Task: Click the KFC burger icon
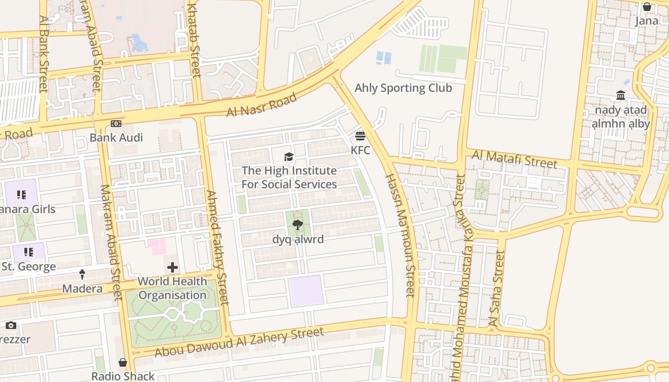pos(360,136)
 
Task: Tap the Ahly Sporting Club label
pos(403,88)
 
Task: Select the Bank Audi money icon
pos(116,124)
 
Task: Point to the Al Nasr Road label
pos(261,105)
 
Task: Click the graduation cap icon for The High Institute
pos(289,157)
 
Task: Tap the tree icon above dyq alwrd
pos(298,225)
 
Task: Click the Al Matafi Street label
pos(515,159)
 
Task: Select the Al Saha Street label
pos(496,289)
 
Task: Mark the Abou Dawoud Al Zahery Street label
pos(239,341)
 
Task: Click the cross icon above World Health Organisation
pos(173,268)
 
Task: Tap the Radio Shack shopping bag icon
pos(123,362)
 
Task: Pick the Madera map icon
pos(82,275)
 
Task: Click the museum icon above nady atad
pos(621,95)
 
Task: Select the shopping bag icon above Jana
pos(647,7)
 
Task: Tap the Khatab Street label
pos(194,38)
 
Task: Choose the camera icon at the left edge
pos(11,326)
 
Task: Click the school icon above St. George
pos(28,252)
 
